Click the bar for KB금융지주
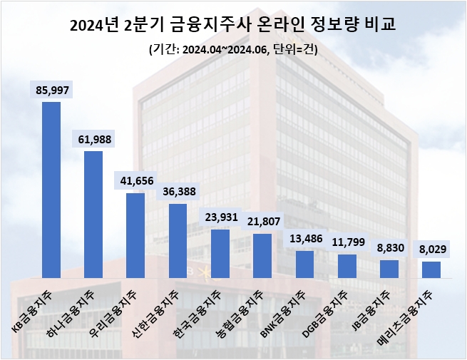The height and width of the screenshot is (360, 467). tap(51, 190)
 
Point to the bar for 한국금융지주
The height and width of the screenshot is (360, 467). tap(220, 253)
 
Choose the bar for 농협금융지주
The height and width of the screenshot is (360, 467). tap(262, 255)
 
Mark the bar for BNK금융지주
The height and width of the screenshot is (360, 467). tap(304, 264)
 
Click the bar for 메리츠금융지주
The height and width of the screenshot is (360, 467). tap(431, 269)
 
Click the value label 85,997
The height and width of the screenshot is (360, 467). tap(51, 90)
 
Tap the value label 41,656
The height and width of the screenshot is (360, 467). tap(135, 181)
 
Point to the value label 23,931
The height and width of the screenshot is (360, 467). tap(220, 218)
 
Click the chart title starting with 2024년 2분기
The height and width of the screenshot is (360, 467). tap(233, 26)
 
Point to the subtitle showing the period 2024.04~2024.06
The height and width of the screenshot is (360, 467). tap(233, 50)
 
